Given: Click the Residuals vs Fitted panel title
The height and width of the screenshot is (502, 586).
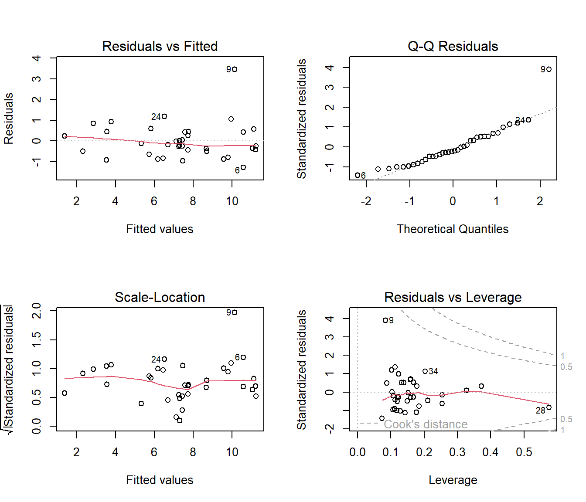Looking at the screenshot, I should pos(160,46).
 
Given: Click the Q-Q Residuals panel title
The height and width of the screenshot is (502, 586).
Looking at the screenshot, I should pos(453,46).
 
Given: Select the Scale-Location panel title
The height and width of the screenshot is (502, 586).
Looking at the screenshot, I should pos(160,297).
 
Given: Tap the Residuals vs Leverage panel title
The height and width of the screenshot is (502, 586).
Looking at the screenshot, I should pos(453,297).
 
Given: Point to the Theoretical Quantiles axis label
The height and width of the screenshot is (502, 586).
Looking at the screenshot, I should pos(453,229).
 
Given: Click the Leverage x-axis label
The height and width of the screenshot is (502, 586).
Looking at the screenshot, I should pos(453,480).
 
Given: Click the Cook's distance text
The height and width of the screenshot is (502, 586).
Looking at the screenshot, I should pos(426,424).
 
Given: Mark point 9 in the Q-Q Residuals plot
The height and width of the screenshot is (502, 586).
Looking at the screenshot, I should pos(549,69).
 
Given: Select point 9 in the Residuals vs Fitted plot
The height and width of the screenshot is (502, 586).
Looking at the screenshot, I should pos(235,69).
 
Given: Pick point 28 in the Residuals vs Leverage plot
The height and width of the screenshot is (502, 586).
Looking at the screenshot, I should pos(549,407).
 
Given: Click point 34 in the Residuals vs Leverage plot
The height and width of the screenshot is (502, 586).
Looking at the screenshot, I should pos(425,371).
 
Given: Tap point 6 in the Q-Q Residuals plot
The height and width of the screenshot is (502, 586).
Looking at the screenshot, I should pos(358,175).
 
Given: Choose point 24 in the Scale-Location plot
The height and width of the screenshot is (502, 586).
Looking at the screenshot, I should pos(164,359).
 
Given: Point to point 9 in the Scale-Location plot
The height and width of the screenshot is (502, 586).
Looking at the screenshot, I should pos(235,312).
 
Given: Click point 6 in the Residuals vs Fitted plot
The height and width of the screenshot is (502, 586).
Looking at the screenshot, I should pos(243,167).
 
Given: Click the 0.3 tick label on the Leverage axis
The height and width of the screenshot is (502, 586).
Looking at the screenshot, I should pos(457,452).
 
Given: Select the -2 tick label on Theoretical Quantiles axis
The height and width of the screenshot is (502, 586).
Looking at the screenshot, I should pos(366,201).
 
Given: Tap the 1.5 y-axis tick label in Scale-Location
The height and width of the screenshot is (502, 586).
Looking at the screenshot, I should pos(37,339).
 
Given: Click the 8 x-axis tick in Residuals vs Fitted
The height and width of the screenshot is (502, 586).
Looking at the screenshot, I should pos(193,201).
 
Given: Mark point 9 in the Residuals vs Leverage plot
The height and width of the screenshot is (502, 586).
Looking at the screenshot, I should pos(385,320).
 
